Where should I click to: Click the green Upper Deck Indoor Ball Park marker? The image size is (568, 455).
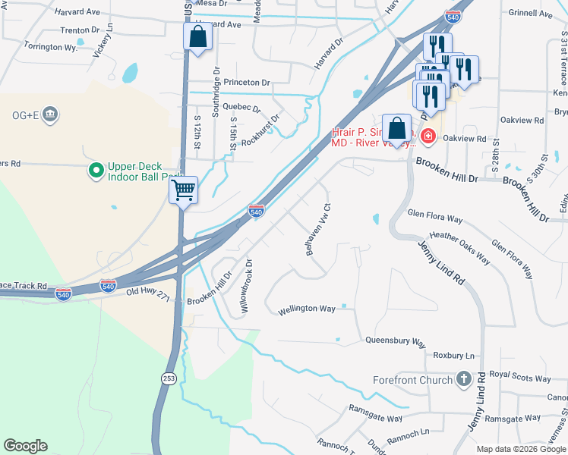click(x=96, y=171)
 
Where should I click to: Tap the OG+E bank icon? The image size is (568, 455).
click(x=51, y=115)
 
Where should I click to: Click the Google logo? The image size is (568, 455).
click(x=26, y=446)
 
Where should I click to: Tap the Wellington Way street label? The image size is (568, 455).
click(x=307, y=309)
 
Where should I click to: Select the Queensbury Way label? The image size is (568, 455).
click(x=395, y=341)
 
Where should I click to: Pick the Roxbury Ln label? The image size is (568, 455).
click(x=453, y=355)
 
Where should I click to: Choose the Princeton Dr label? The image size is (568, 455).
click(x=244, y=82)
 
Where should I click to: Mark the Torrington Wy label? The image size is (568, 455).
click(x=51, y=47)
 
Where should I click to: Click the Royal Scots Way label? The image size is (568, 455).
click(x=519, y=374)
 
